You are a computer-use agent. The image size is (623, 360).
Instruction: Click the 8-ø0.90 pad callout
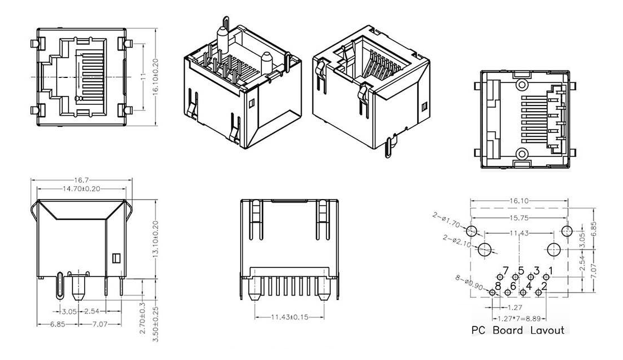tap(468, 283)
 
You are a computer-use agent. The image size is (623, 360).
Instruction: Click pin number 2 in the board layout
tap(544, 287)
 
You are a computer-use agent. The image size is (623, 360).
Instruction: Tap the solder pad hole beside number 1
tap(545, 276)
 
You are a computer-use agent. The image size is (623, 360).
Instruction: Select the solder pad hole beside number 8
tap(492, 292)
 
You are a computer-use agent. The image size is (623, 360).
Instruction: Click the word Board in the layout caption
tap(508, 330)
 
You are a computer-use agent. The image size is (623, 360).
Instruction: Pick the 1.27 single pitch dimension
tap(515, 307)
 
